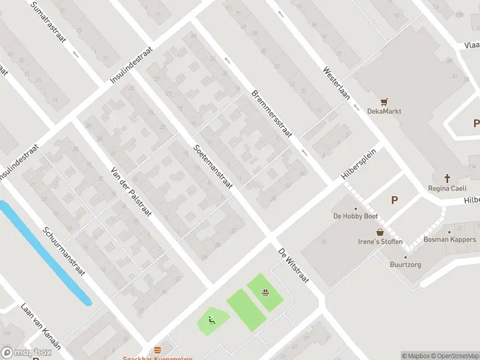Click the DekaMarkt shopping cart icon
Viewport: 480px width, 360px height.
pos(385,101)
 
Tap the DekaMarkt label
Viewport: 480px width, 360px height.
pos(385,111)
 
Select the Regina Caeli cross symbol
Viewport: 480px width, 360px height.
pos(447,178)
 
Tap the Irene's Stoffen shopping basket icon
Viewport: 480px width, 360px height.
pos(380,232)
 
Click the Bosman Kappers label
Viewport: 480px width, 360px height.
pos(449,239)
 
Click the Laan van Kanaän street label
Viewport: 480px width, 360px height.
pos(41,326)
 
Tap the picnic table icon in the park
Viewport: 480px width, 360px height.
pos(265,293)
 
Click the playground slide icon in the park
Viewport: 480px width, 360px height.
pos(211,319)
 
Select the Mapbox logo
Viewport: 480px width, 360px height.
pos(26,353)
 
